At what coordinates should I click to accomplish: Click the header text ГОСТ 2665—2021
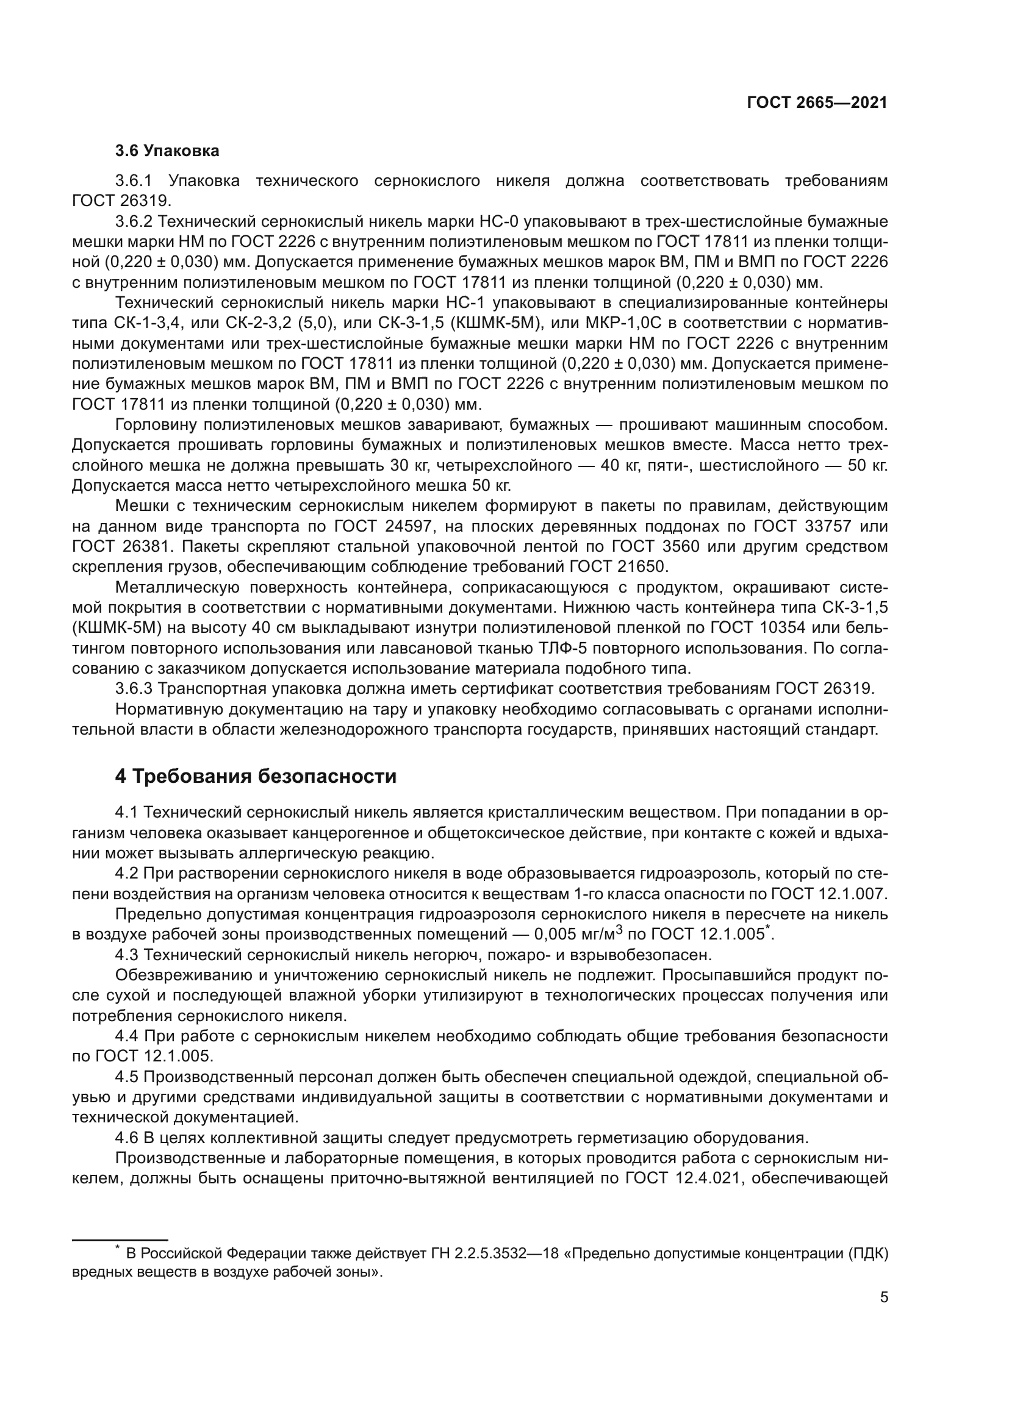pos(817,103)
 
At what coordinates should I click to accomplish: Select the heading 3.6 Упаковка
pos(167,151)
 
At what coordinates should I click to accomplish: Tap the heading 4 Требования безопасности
pos(256,776)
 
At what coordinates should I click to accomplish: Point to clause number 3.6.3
pos(134,689)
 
